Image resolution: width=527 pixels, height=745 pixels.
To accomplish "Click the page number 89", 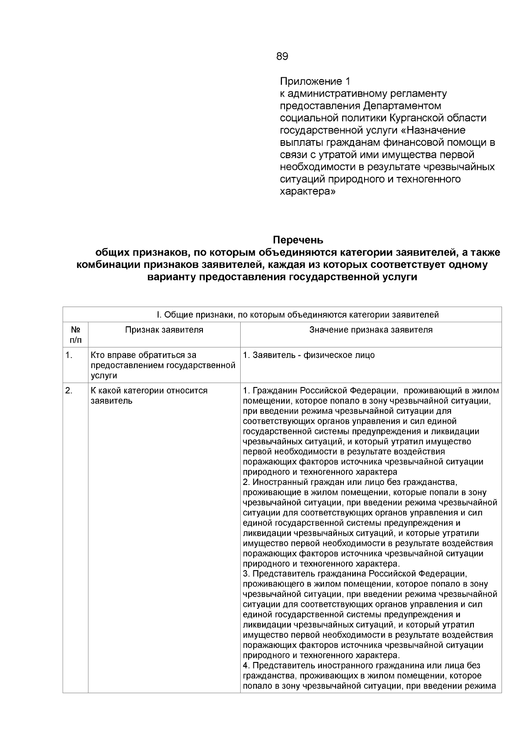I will point(282,56).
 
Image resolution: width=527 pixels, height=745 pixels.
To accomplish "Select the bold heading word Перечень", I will point(298,240).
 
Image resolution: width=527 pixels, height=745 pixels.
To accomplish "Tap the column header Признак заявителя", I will point(164,330).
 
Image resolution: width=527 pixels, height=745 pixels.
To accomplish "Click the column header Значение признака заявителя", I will point(371,330).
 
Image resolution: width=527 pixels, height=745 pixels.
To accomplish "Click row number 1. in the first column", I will point(69,355).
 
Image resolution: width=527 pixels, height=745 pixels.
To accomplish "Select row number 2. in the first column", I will point(69,391).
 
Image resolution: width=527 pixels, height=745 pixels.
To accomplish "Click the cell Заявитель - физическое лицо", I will point(309,355).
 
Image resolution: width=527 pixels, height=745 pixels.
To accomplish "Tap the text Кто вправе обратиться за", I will point(144,355).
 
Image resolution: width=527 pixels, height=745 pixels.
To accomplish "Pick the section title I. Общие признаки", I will point(298,315).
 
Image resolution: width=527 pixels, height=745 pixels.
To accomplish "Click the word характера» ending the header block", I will point(308,192).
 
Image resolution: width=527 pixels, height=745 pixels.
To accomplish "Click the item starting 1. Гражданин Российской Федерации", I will point(321,391).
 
